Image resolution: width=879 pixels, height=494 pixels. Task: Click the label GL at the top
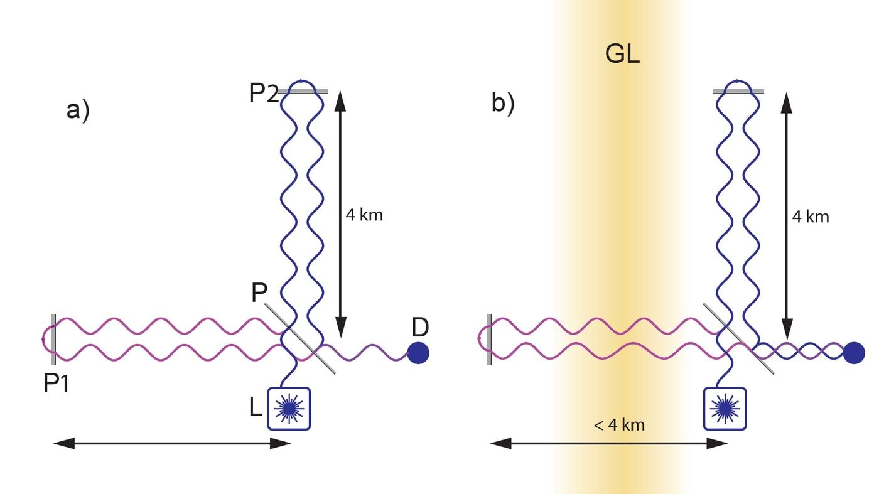(622, 55)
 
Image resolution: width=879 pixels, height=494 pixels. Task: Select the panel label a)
(78, 110)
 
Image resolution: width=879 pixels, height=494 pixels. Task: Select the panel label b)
(503, 104)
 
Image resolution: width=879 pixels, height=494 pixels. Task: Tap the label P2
(263, 93)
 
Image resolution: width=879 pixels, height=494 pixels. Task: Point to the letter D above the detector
(421, 327)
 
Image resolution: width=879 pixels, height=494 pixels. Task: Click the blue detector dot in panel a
(418, 353)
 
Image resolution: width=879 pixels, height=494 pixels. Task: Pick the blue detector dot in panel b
(853, 353)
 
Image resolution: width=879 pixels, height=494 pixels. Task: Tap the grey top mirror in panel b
(738, 92)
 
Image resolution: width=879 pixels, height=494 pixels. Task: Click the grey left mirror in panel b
(488, 339)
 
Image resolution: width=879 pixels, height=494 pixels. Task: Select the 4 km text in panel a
(364, 215)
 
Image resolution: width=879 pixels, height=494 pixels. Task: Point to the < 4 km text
(619, 425)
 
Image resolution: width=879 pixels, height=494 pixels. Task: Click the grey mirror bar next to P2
(303, 92)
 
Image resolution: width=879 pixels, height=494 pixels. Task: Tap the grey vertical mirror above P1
(53, 339)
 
